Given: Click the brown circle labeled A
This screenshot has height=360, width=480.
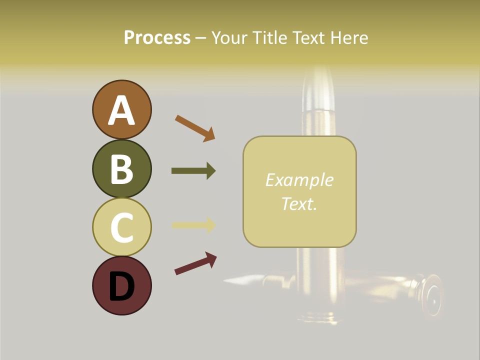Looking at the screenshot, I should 121,109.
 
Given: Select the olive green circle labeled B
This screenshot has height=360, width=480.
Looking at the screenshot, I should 121,169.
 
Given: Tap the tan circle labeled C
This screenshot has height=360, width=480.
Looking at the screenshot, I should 121,227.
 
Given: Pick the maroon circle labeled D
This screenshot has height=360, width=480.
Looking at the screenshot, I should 121,286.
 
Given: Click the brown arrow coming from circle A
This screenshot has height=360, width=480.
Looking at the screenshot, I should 195,127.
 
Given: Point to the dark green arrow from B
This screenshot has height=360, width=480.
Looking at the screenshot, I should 193,171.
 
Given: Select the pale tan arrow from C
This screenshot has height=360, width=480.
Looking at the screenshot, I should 193,225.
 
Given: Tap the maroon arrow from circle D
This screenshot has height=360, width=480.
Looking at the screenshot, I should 195,263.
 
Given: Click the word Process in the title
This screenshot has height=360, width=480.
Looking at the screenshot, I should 157,37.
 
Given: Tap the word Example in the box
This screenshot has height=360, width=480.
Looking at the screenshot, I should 299,180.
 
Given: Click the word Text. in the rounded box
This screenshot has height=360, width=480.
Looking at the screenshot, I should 299,203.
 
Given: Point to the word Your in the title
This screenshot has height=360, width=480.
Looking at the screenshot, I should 229,37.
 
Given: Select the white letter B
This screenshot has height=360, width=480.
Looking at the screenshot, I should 121,169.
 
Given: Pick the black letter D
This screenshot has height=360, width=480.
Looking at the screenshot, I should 121,286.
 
